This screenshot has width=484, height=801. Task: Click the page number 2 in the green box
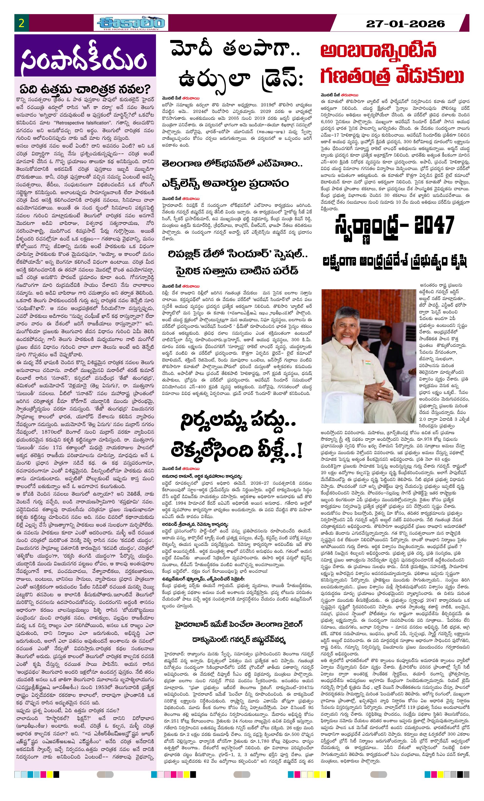tap(22, 23)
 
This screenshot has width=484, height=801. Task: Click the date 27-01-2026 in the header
tap(405, 24)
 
